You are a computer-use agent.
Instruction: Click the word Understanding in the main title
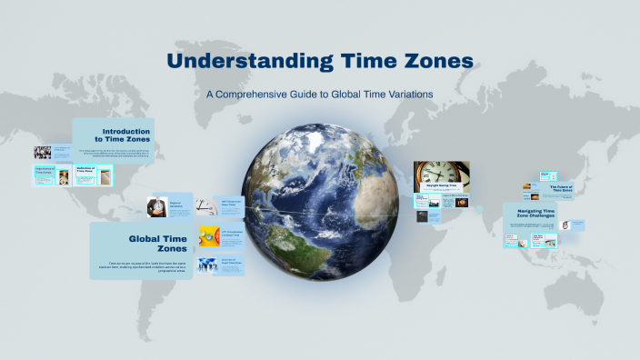coord(247,61)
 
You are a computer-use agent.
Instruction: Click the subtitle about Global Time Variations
coord(320,94)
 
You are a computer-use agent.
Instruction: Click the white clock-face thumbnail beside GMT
coord(207,206)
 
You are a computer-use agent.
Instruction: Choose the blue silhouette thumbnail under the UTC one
coord(207,265)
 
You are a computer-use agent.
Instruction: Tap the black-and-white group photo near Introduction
coord(43,152)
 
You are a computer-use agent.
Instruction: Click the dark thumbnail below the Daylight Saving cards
coord(423,217)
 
